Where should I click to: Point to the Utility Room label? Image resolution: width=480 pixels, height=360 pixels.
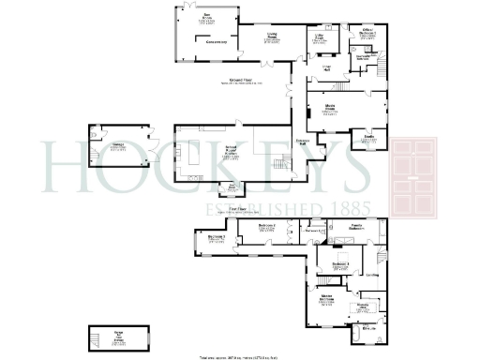click(319, 37)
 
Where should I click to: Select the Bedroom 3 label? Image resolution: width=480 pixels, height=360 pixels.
click(217, 239)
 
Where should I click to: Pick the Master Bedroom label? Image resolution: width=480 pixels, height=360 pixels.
click(326, 299)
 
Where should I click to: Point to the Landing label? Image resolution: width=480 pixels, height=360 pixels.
click(372, 275)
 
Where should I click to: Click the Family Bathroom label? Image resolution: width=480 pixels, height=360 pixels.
click(359, 228)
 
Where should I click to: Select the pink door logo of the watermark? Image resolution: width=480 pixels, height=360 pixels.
click(420, 178)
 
